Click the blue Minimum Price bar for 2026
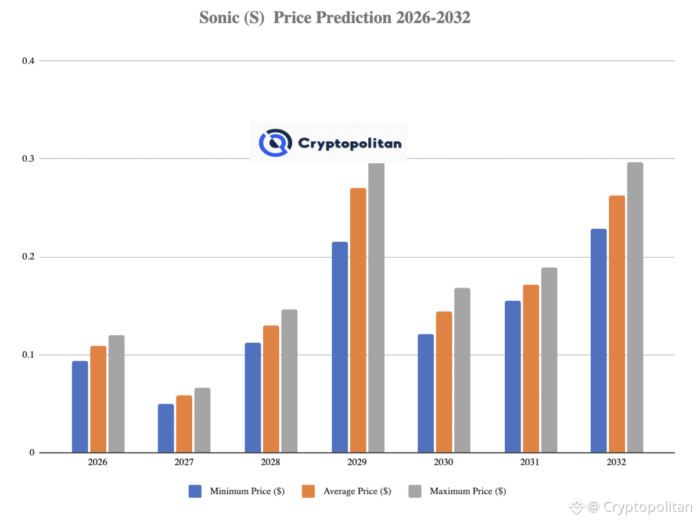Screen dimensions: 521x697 pyautogui.click(x=80, y=407)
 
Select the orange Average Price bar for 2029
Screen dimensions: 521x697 pyautogui.click(x=358, y=320)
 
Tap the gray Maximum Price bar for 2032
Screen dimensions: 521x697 pyautogui.click(x=635, y=307)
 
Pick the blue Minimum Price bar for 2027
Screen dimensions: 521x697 pyautogui.click(x=166, y=428)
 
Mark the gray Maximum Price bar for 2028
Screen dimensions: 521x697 pyautogui.click(x=289, y=380)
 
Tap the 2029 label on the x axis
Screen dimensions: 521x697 pyautogui.click(x=357, y=463)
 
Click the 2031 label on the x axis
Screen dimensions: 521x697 pyautogui.click(x=530, y=463)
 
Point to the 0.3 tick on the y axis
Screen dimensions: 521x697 pyautogui.click(x=27, y=159)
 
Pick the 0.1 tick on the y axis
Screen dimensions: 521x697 pyautogui.click(x=27, y=355)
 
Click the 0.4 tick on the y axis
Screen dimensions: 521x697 pyautogui.click(x=27, y=61)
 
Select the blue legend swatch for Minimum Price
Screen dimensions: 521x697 pyautogui.click(x=195, y=491)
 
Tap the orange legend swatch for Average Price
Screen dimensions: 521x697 pyautogui.click(x=308, y=491)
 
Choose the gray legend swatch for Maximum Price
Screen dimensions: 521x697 pyautogui.click(x=414, y=491)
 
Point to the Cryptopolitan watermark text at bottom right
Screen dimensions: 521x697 pyautogui.click(x=648, y=506)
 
